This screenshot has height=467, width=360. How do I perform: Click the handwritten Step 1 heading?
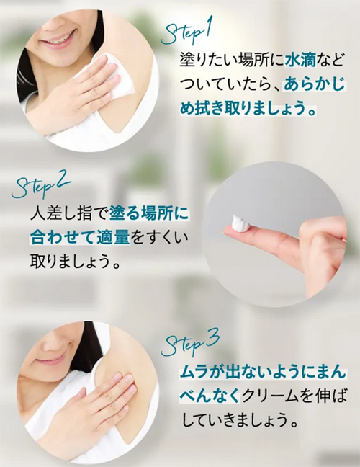(185, 35)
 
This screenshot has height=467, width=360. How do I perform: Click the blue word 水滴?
(299, 61)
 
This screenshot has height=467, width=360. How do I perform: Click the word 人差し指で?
(70, 213)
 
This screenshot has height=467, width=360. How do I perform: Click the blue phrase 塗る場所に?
(149, 213)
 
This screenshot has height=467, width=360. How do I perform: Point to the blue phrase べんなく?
(210, 396)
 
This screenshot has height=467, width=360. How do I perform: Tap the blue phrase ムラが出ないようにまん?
(263, 373)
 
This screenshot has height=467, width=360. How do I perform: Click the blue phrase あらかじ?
(314, 85)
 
